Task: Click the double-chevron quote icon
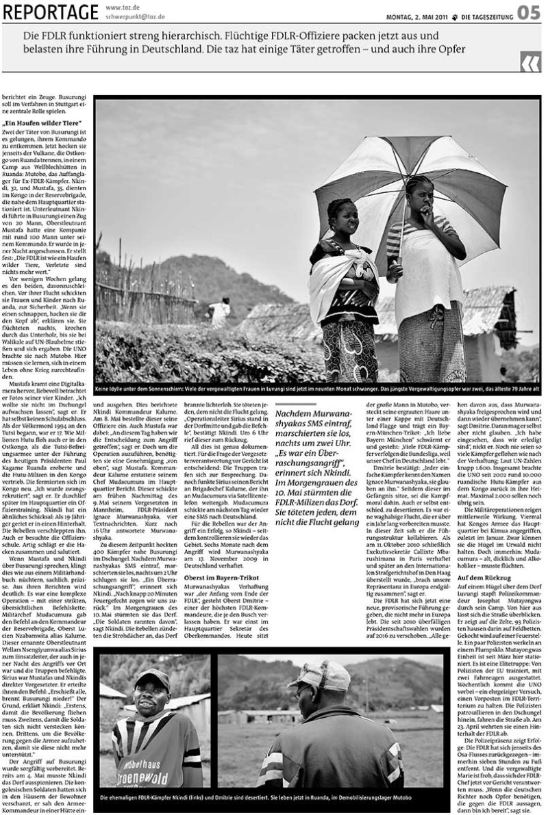point(530,64)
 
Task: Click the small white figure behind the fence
point(221,311)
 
